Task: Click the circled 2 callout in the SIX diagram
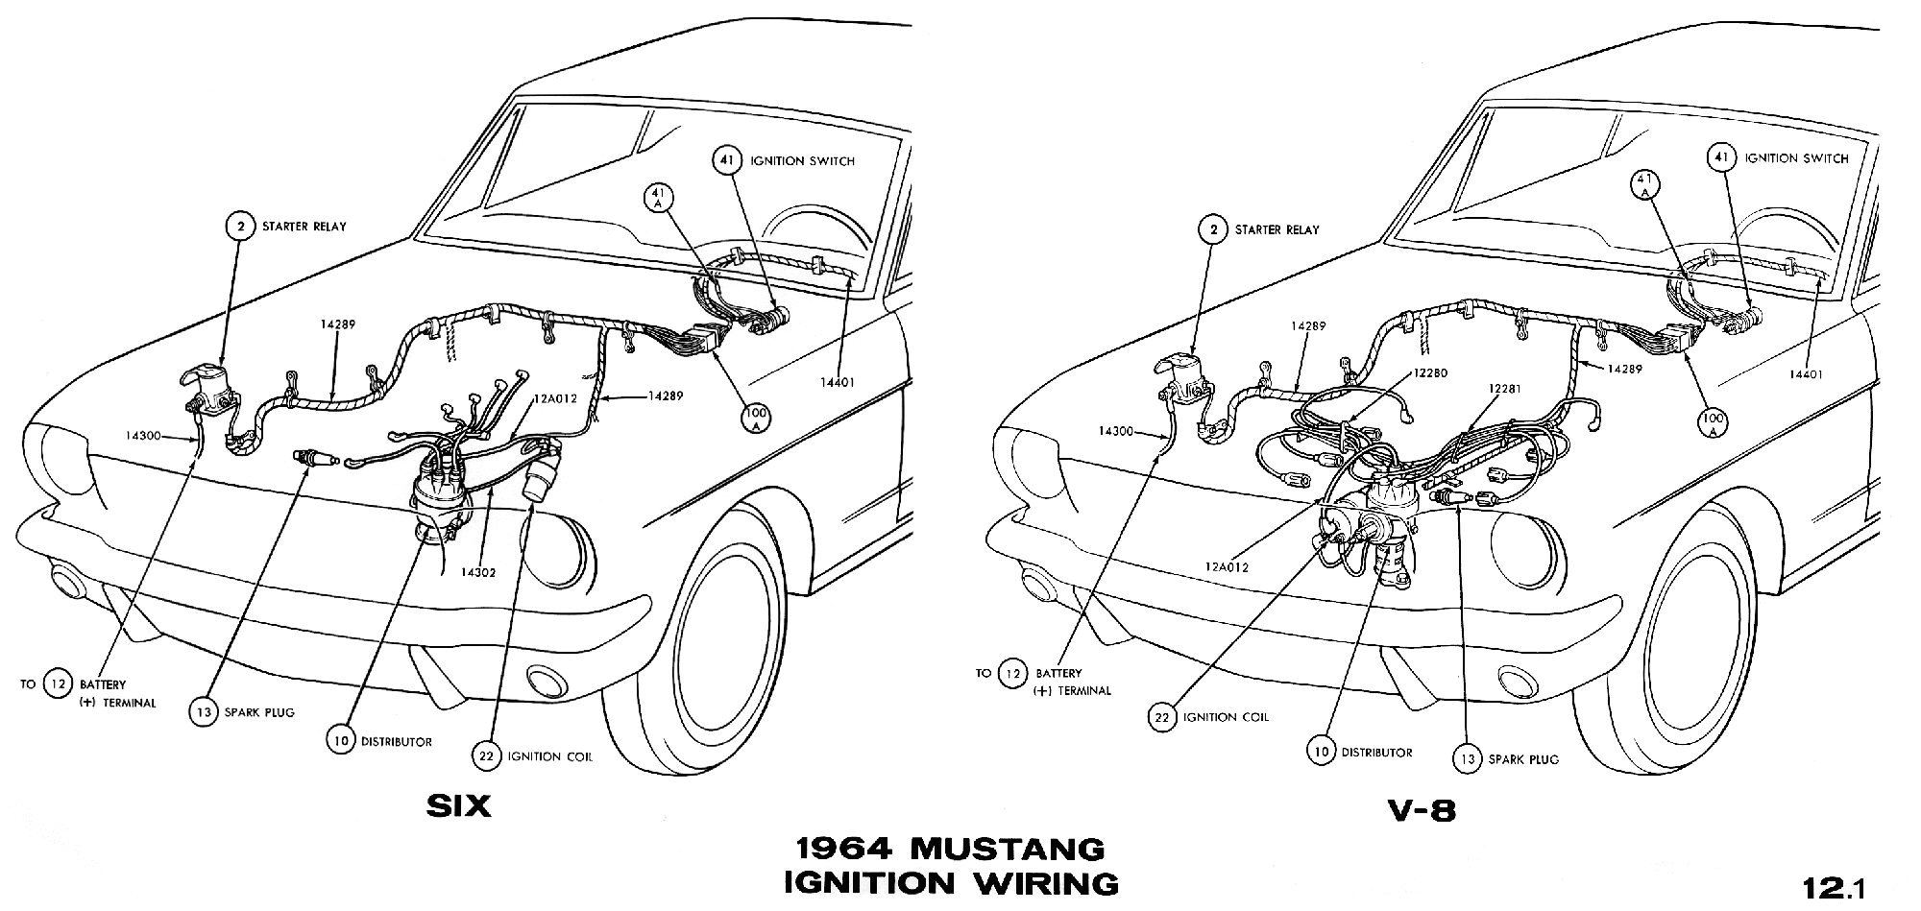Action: pyautogui.click(x=238, y=228)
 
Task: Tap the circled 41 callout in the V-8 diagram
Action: pyautogui.click(x=1720, y=158)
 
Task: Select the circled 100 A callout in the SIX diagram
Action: pyautogui.click(x=755, y=415)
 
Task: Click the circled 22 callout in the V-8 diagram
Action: pyautogui.click(x=1161, y=717)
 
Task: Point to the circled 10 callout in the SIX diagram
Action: pyautogui.click(x=340, y=741)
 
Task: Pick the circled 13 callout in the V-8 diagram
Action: pyautogui.click(x=1467, y=759)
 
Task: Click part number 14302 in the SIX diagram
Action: pyautogui.click(x=477, y=572)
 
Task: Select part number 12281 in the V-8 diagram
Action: pyautogui.click(x=1506, y=390)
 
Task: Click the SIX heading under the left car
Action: pyautogui.click(x=458, y=806)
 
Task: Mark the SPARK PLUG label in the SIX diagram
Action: pyautogui.click(x=258, y=712)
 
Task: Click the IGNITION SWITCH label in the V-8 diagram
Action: pyautogui.click(x=1796, y=158)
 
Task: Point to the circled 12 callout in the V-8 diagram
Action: pyautogui.click(x=1010, y=674)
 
